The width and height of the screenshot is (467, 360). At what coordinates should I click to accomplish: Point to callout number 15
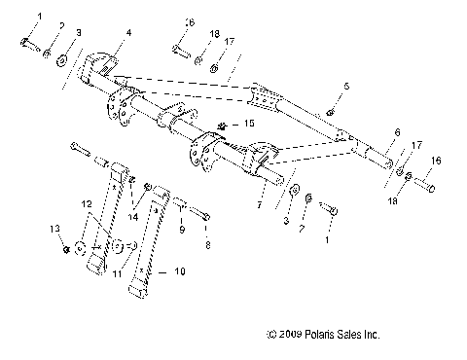pos(249,124)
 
